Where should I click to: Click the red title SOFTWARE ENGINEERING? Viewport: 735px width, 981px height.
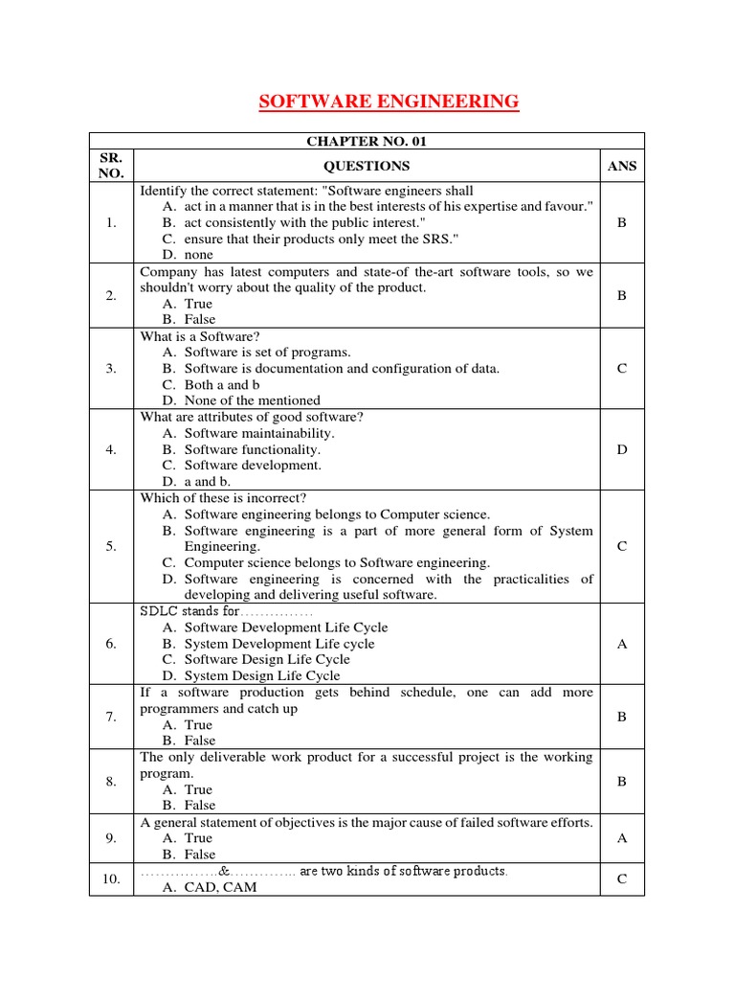389,102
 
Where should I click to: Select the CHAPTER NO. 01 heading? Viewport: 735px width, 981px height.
367,141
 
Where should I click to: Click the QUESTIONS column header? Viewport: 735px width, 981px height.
367,166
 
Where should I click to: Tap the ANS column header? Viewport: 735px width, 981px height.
621,166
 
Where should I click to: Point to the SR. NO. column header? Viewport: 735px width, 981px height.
112,166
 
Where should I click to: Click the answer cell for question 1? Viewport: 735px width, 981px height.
621,222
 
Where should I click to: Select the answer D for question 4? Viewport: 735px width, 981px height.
621,449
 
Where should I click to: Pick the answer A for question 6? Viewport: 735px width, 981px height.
621,644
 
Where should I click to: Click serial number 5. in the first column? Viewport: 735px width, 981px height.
112,546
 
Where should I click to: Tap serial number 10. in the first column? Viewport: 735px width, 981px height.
112,878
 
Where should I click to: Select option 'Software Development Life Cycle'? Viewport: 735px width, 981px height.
286,627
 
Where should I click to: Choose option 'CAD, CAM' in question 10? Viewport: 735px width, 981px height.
221,887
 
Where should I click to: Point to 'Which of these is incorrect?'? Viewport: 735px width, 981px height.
223,498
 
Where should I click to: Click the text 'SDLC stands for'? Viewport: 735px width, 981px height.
189,611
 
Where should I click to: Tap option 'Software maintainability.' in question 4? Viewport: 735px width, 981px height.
259,433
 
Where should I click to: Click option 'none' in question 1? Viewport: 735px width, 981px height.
199,255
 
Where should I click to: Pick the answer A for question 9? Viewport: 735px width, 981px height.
621,838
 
